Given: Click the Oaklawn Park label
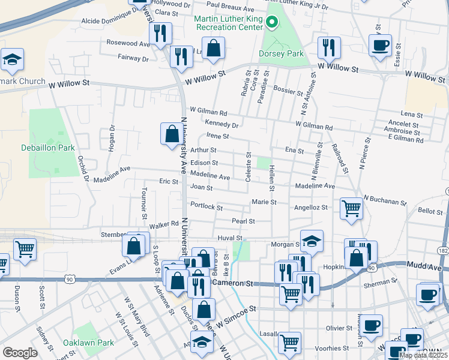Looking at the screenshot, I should pyautogui.click(x=88, y=343).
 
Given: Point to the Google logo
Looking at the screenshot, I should pyautogui.click(x=20, y=353).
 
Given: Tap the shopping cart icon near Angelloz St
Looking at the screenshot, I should pyautogui.click(x=351, y=209).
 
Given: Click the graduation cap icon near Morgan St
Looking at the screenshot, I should pyautogui.click(x=312, y=241).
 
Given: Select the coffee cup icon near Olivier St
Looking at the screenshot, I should pyautogui.click(x=372, y=325).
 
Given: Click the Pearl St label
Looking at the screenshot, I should pyautogui.click(x=244, y=221).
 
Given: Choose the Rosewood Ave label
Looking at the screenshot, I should pyautogui.click(x=128, y=43).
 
